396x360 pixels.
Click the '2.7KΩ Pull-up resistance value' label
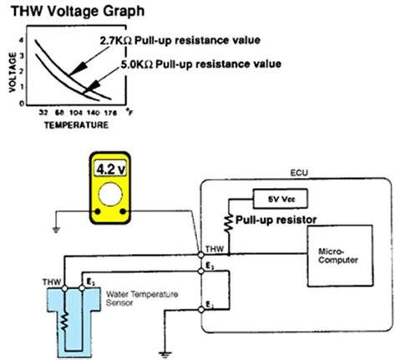pos(180,39)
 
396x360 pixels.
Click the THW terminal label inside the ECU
pos(216,246)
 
